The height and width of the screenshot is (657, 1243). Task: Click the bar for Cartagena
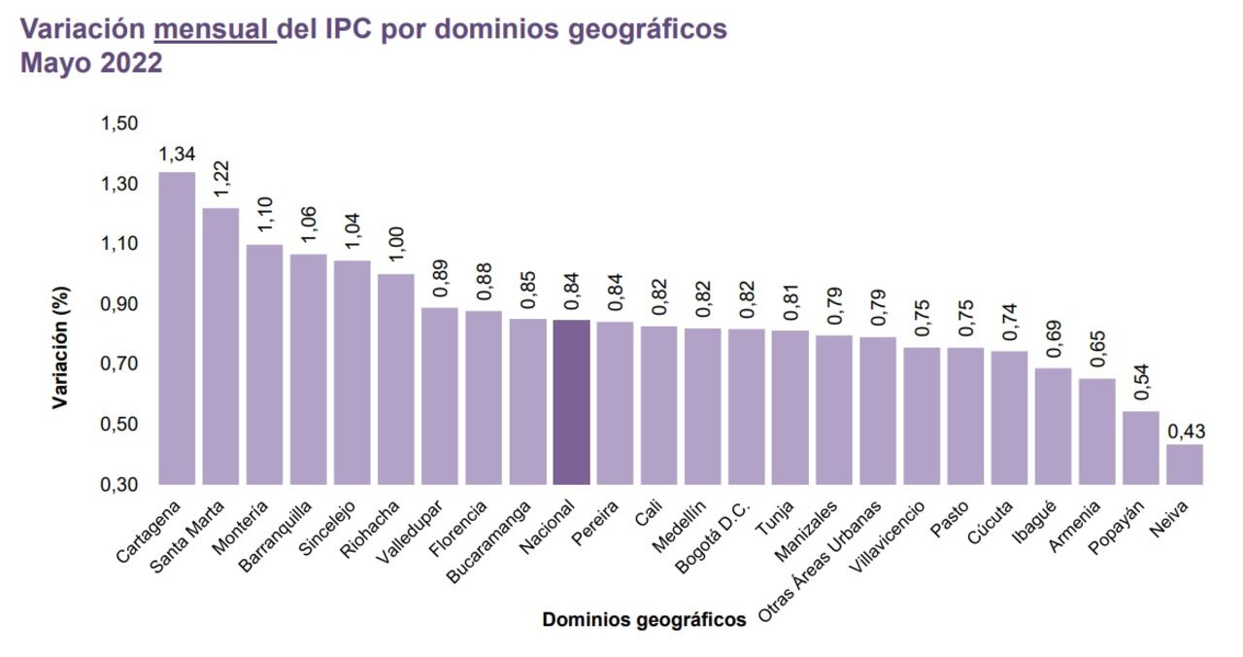(177, 328)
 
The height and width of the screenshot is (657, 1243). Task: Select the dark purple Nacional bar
(571, 401)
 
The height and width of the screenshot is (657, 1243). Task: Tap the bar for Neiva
(1184, 464)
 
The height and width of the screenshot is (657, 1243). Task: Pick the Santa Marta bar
(220, 345)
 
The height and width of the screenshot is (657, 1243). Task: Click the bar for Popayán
(1140, 447)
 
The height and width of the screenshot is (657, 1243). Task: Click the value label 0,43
(1184, 431)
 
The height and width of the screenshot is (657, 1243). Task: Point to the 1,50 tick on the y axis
(119, 123)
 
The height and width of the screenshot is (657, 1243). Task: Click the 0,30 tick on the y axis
(119, 484)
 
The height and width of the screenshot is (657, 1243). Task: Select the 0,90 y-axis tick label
(119, 304)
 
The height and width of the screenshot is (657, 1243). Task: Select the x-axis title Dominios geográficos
(644, 619)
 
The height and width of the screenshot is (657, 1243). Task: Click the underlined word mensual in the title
(215, 29)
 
